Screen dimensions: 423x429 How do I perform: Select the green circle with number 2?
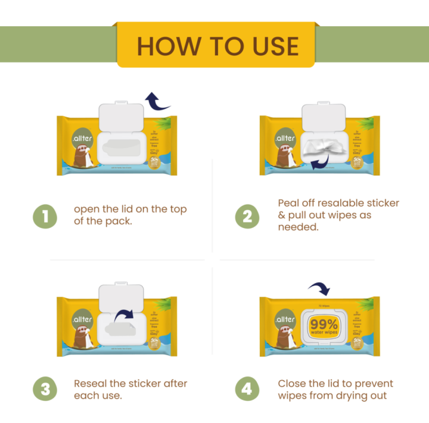point(247,216)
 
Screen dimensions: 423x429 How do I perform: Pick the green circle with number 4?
point(247,390)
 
